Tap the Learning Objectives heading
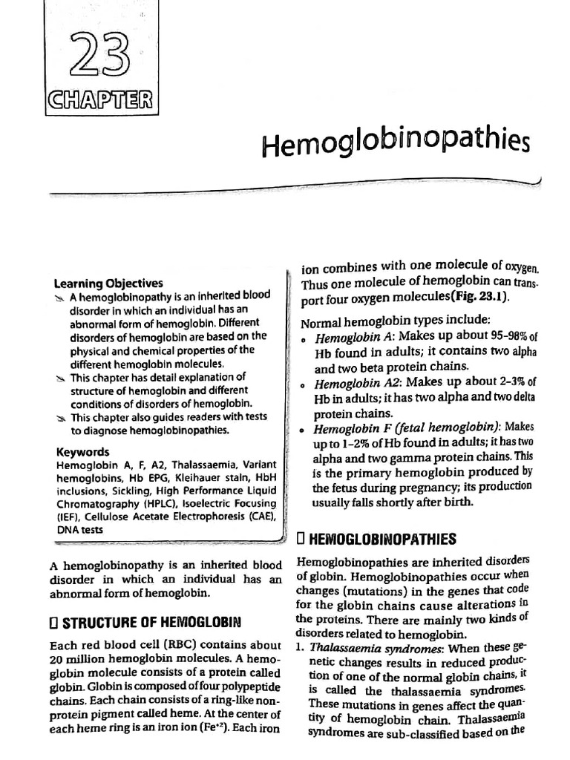pos(108,283)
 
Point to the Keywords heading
pos(82,452)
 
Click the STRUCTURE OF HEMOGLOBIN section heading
pos(146,620)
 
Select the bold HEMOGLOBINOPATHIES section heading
pos(382,538)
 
